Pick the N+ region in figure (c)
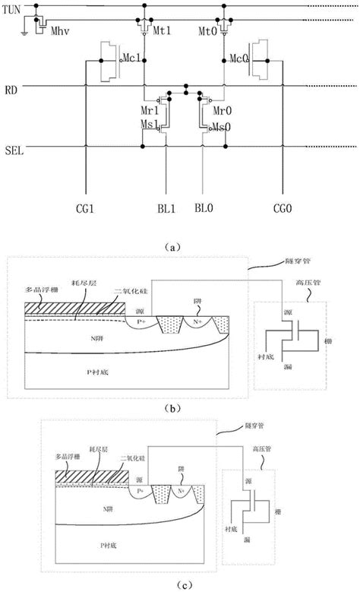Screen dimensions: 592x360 [x=180, y=492]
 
